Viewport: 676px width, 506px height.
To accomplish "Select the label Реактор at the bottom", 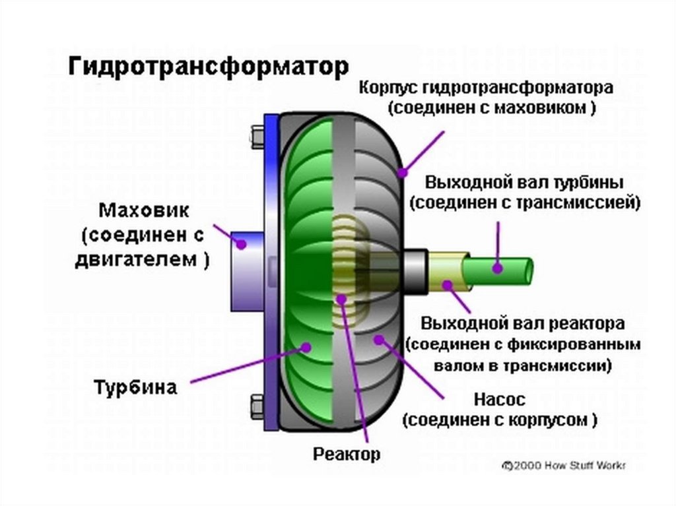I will click(x=347, y=454).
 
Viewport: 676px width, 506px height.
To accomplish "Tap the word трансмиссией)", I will click(x=590, y=203).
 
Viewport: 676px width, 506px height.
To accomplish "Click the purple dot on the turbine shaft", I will click(x=497, y=269).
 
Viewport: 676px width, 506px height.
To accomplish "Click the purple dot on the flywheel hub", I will click(x=242, y=244).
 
